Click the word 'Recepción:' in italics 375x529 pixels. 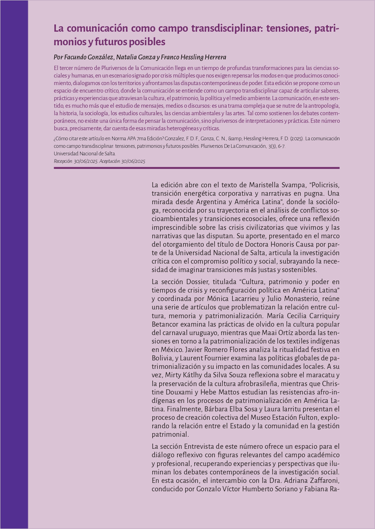(63, 161)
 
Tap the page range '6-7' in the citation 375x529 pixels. (281, 146)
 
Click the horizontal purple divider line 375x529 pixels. (196, 168)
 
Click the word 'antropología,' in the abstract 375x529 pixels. (322, 106)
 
